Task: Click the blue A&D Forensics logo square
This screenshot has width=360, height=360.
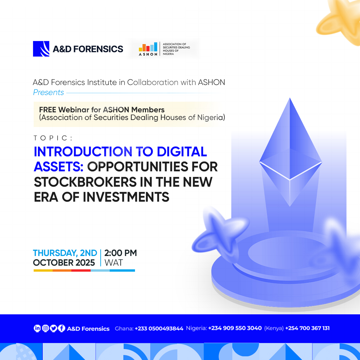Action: [41, 49]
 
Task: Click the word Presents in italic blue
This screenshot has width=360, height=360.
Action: [48, 92]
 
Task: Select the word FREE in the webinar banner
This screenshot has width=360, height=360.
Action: [48, 110]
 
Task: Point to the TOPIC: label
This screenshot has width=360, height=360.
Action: [53, 138]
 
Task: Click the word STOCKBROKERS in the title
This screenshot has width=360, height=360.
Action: [85, 182]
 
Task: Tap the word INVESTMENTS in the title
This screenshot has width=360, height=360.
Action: [126, 197]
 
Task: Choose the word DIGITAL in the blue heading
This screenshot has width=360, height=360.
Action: [182, 152]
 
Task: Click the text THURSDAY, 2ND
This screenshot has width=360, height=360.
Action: [65, 253]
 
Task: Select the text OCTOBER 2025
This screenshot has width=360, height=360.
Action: [64, 263]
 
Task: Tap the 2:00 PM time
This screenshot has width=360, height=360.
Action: [121, 253]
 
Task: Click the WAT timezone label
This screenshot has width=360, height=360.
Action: [114, 263]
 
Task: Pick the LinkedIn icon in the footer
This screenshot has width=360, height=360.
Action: [37, 328]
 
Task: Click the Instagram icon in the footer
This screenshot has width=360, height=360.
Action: [45, 328]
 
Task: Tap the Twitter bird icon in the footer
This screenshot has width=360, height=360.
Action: [53, 328]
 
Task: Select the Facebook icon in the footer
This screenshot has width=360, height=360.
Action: [62, 328]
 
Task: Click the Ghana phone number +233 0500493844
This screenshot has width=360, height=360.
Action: [159, 329]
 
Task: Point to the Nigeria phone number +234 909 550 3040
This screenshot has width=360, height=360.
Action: [235, 328]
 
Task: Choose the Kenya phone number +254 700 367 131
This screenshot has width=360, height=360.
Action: [307, 328]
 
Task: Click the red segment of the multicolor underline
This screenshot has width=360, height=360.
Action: [81, 270]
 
